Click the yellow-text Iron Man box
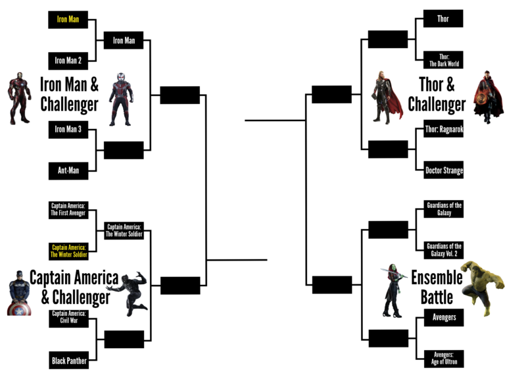[x=68, y=19]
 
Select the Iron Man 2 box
[x=68, y=61]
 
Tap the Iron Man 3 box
[x=68, y=130]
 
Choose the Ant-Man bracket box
[x=68, y=171]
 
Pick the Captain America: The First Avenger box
[x=68, y=210]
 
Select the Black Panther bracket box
[x=68, y=360]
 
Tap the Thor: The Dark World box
[x=443, y=61]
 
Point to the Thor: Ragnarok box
[x=443, y=130]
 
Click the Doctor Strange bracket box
[x=443, y=171]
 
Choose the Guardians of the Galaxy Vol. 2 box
[x=443, y=251]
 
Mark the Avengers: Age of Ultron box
[x=443, y=358]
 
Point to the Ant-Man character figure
[x=120, y=99]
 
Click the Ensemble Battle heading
[x=437, y=287]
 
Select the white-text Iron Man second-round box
[x=124, y=40]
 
